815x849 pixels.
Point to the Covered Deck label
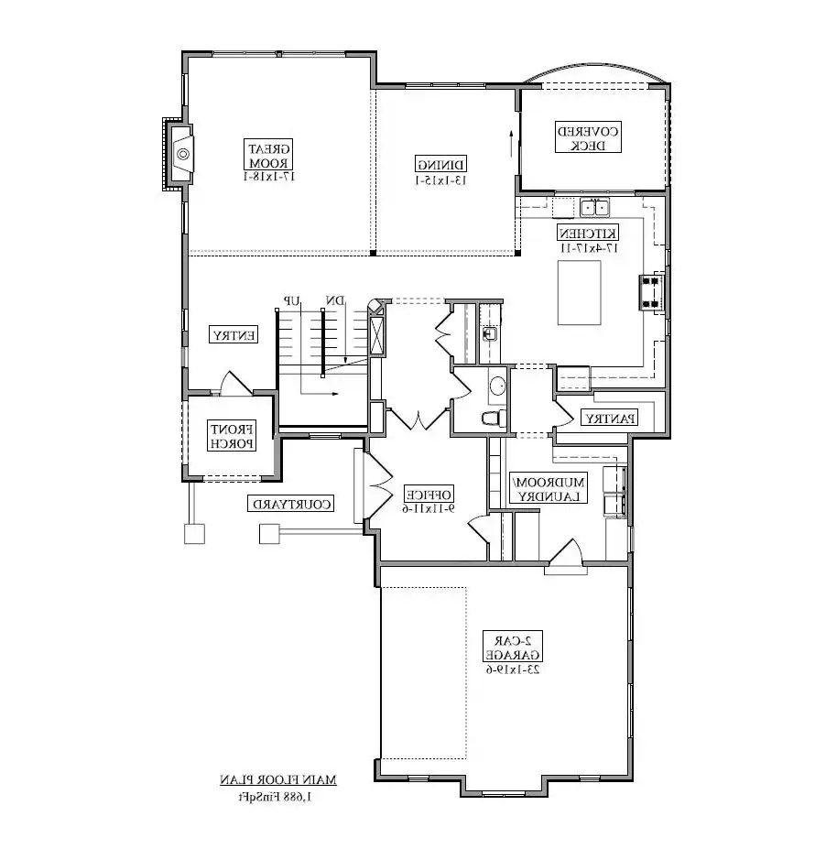pyautogui.click(x=588, y=137)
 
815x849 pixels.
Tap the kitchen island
pyautogui.click(x=580, y=292)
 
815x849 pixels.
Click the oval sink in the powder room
pyautogui.click(x=497, y=386)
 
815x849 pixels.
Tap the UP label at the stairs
pyautogui.click(x=293, y=300)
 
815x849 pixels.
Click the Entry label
pyautogui.click(x=234, y=335)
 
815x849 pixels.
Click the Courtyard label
pyautogui.click(x=290, y=504)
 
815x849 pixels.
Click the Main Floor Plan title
pyautogui.click(x=277, y=779)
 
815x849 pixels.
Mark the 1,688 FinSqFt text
pyautogui.click(x=277, y=795)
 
